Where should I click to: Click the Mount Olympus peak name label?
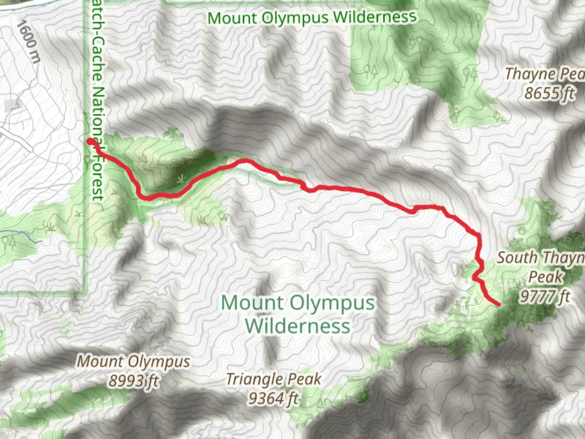(x=133, y=361)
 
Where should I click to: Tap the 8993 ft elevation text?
(x=133, y=381)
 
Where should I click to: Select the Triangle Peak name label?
(x=273, y=379)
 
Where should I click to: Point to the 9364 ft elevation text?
(x=273, y=398)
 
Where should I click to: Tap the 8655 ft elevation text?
(x=549, y=93)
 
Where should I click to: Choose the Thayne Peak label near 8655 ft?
(x=544, y=74)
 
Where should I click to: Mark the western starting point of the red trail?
(x=89, y=141)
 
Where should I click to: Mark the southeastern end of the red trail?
(x=498, y=304)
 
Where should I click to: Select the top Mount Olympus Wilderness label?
(x=312, y=17)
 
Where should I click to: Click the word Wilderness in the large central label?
(x=297, y=326)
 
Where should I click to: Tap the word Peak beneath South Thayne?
(x=545, y=277)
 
